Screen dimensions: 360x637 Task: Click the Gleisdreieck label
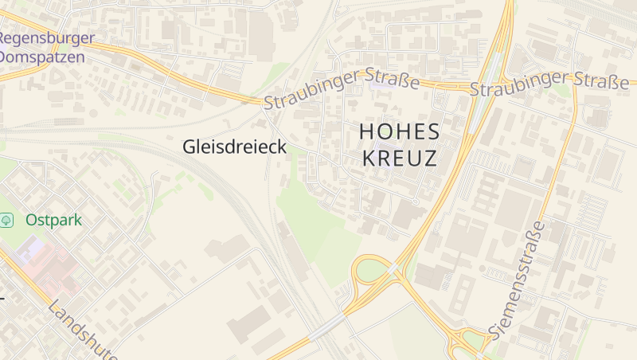click(x=235, y=147)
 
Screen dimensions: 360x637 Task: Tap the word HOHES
click(x=400, y=131)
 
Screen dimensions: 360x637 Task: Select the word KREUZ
click(x=400, y=158)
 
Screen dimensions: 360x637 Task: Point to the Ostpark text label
click(x=53, y=220)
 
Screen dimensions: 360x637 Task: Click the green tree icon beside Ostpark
click(x=8, y=220)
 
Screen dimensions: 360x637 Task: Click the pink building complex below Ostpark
click(x=44, y=263)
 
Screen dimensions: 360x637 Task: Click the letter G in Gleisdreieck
click(x=189, y=147)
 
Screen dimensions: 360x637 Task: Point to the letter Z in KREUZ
click(x=430, y=158)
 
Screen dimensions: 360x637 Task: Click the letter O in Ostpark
click(x=31, y=220)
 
